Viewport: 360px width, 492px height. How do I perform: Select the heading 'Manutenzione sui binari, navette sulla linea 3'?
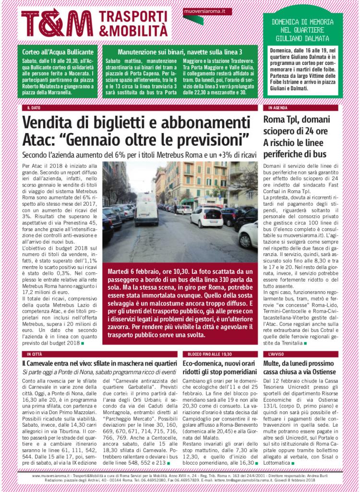click(180, 51)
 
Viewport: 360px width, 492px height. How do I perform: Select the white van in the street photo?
click(146, 211)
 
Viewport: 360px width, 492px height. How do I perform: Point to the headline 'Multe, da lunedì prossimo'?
click(301, 364)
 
